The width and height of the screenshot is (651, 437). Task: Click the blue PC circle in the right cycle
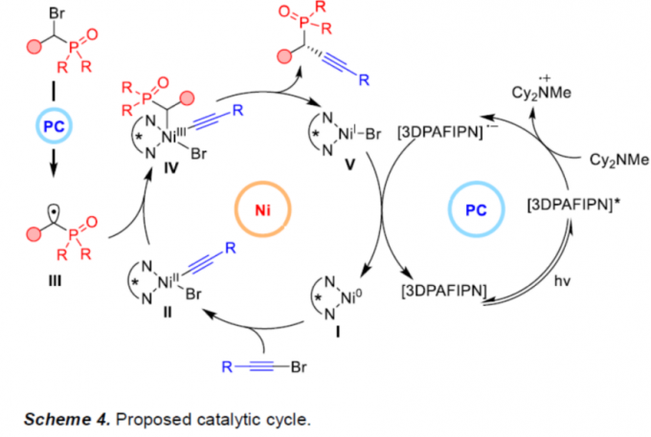[x=475, y=209]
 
